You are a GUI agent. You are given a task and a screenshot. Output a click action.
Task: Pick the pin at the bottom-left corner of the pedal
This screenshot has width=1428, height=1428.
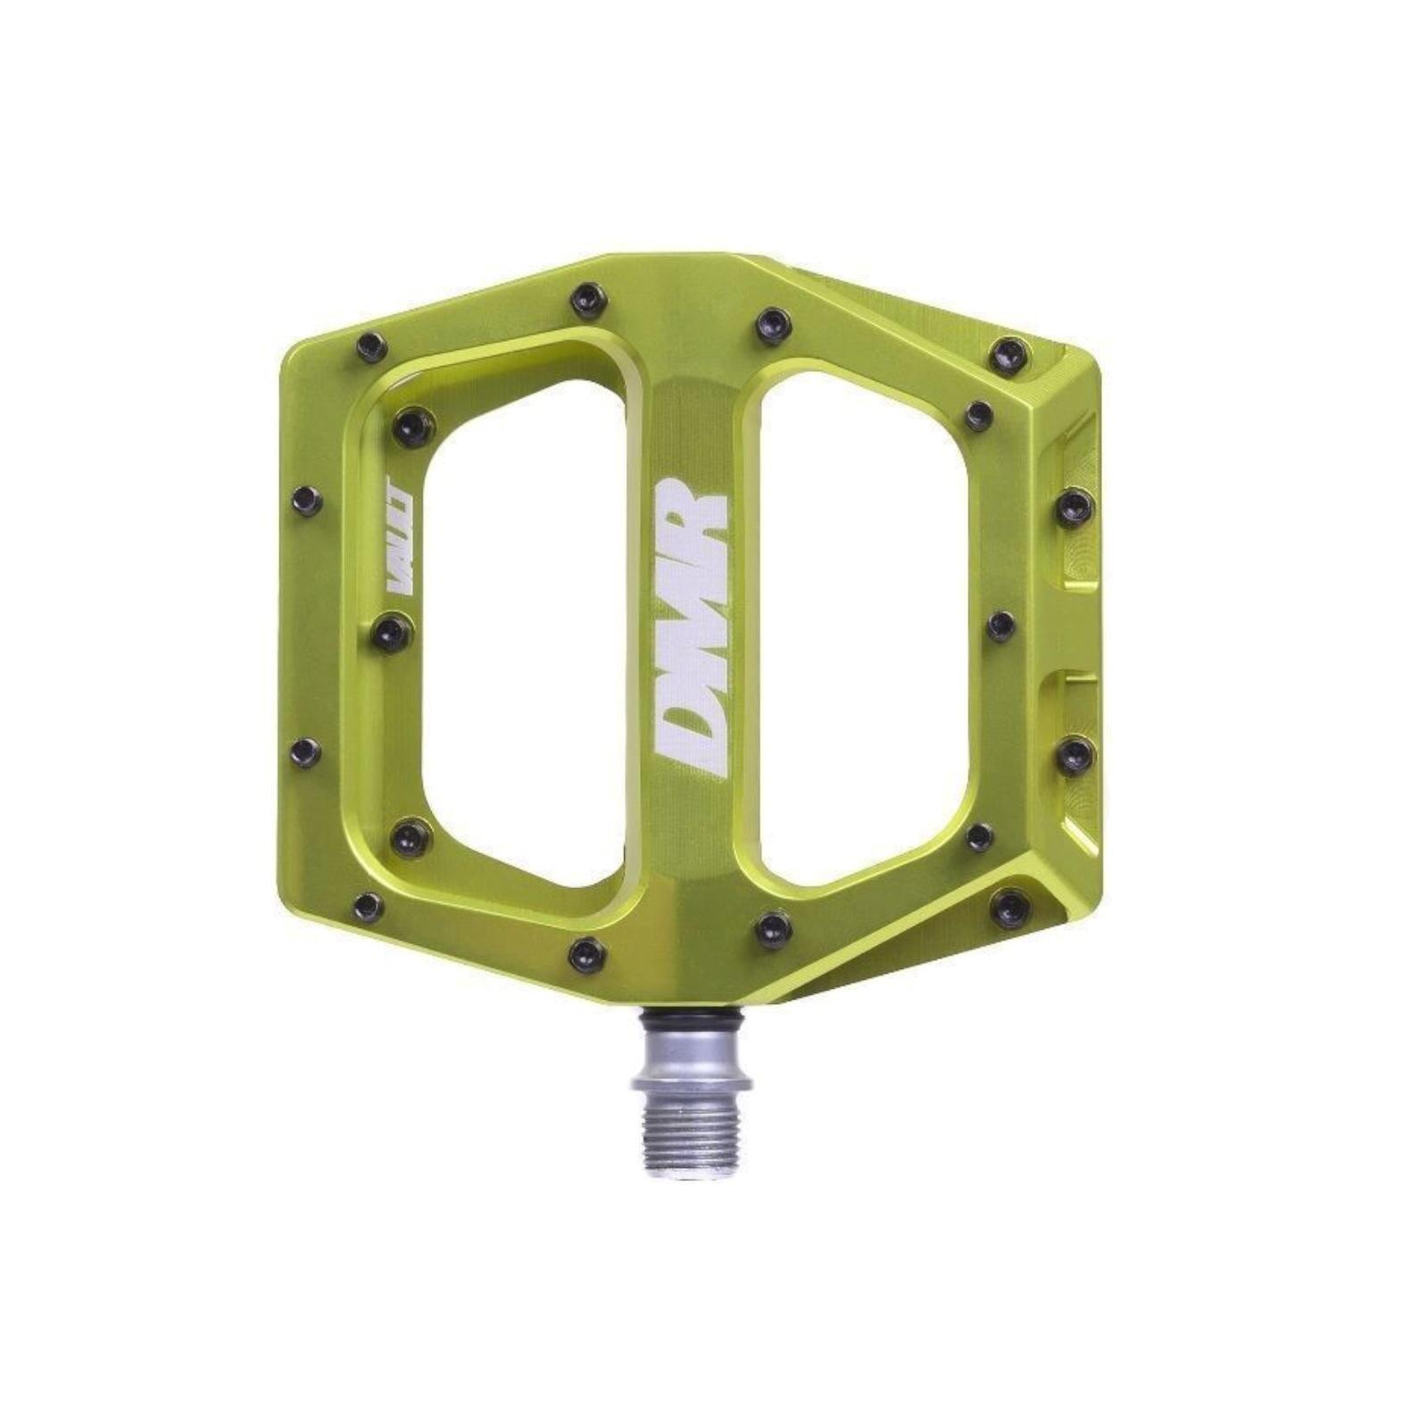369,906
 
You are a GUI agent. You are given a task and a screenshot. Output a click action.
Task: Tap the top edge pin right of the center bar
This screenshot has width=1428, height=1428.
773,325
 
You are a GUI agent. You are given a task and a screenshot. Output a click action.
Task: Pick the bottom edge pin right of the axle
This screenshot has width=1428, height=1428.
773,929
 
